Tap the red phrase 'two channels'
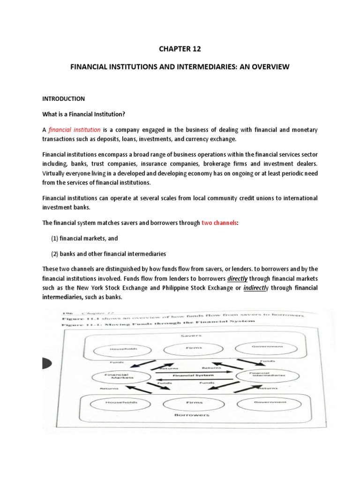coord(219,223)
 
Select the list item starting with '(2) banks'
coord(108,254)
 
